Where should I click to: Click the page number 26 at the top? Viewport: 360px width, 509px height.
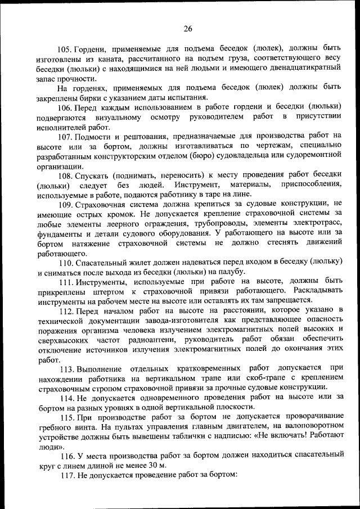188,29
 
